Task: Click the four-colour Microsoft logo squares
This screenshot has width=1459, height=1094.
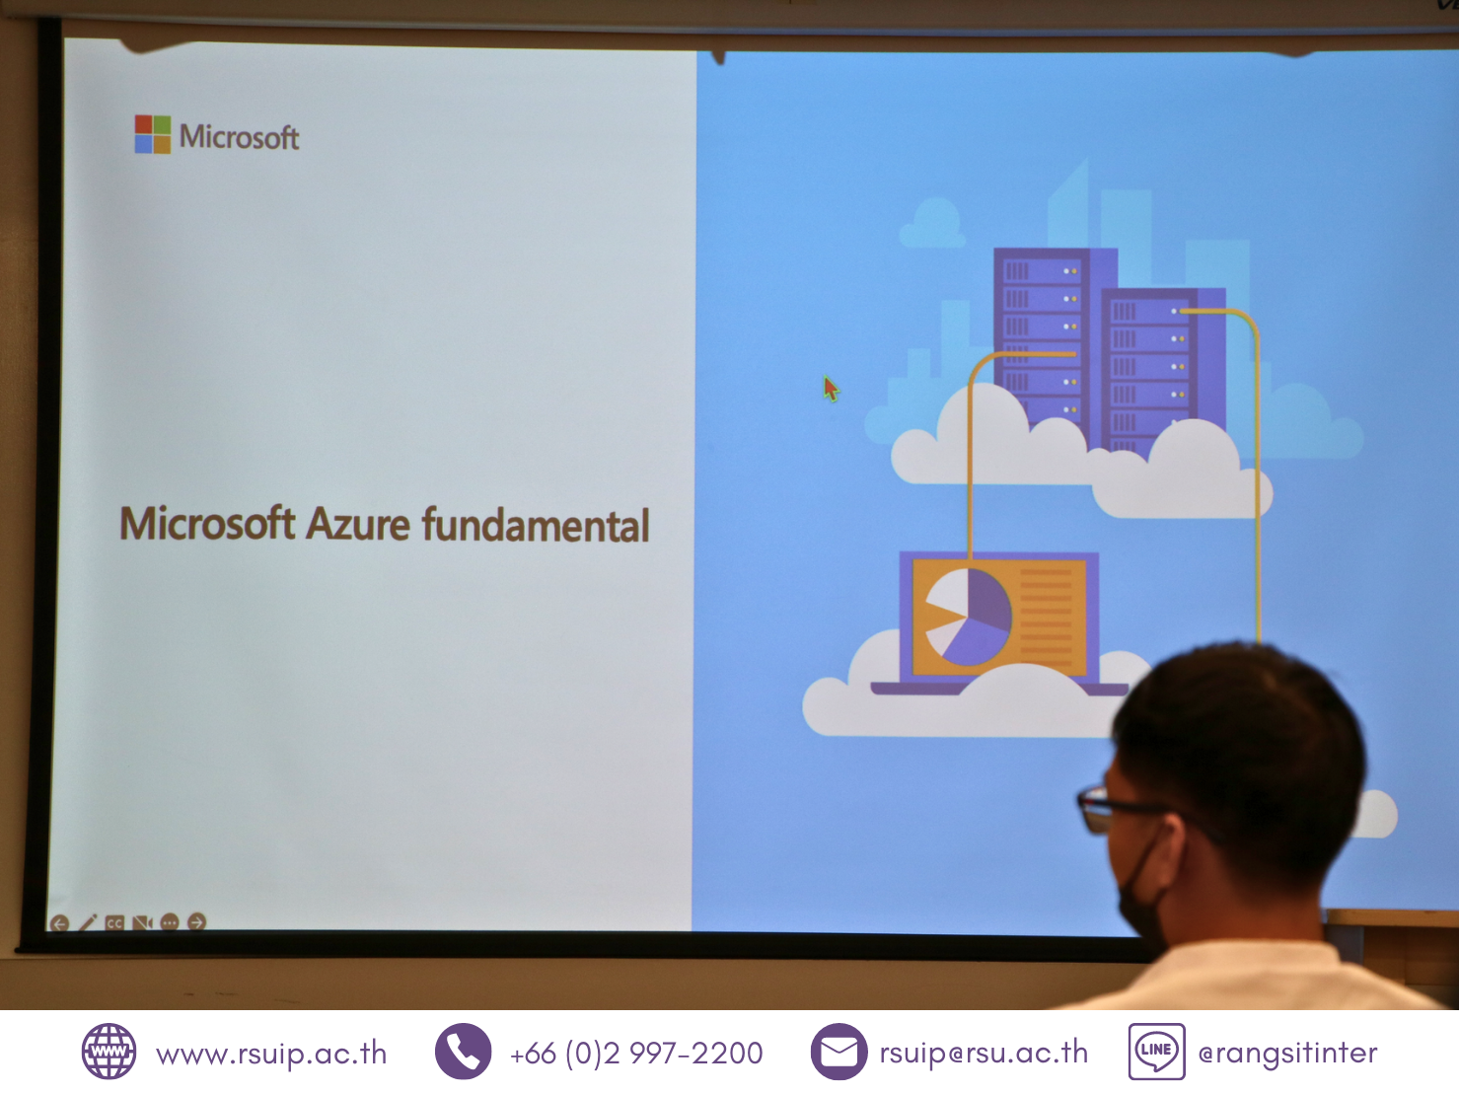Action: tap(153, 134)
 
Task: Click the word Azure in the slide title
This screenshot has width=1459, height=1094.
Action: tap(358, 524)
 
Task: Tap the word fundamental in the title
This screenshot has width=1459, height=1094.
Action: tap(536, 525)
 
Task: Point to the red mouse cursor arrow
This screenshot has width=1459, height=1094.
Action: tap(831, 389)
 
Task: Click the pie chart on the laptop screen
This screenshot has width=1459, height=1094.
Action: tap(969, 617)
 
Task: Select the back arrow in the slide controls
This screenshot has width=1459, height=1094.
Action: tap(59, 923)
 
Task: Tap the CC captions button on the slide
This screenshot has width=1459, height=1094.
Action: tap(114, 923)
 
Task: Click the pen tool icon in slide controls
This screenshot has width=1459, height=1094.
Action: tap(88, 922)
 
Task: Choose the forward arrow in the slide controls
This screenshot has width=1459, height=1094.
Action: tap(196, 921)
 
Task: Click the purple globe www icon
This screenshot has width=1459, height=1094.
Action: tap(109, 1052)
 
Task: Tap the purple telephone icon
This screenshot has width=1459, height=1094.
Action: tap(464, 1052)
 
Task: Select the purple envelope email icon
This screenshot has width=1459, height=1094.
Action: tap(839, 1052)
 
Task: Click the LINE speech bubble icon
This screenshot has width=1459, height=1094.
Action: tap(1156, 1052)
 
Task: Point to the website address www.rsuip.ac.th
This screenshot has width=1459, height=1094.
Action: tap(271, 1054)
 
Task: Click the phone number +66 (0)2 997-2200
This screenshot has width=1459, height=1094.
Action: tap(636, 1054)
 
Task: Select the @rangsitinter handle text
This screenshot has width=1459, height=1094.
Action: tap(1287, 1054)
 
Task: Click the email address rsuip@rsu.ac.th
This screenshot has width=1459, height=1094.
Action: tap(984, 1054)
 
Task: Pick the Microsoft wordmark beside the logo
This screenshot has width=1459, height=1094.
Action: tap(240, 137)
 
